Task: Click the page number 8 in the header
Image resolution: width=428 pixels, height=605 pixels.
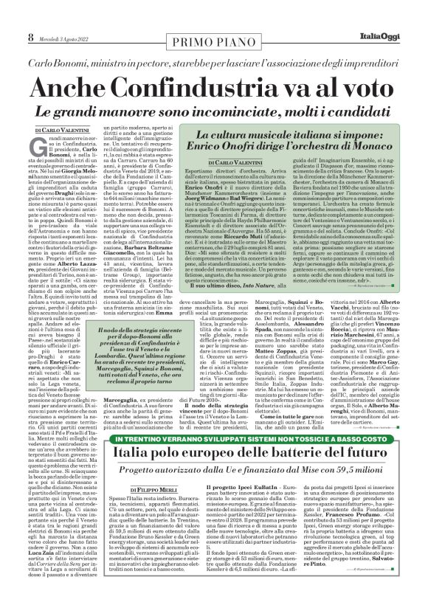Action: click(x=10, y=16)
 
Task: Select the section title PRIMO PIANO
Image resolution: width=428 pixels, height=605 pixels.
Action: click(x=214, y=17)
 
